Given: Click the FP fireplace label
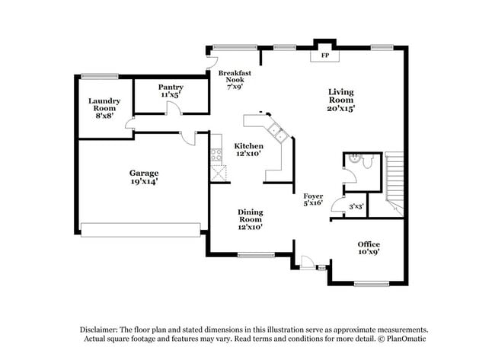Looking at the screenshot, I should (324, 56).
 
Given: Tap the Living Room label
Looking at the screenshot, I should (341, 100).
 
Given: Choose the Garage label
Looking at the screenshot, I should (143, 177).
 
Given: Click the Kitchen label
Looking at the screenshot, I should (248, 149).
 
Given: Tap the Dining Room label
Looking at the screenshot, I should (251, 218).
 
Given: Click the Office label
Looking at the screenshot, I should (369, 248).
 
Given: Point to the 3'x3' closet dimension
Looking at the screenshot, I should (356, 206).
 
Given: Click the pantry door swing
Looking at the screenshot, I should (174, 110).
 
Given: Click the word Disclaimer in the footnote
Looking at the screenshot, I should (101, 329).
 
